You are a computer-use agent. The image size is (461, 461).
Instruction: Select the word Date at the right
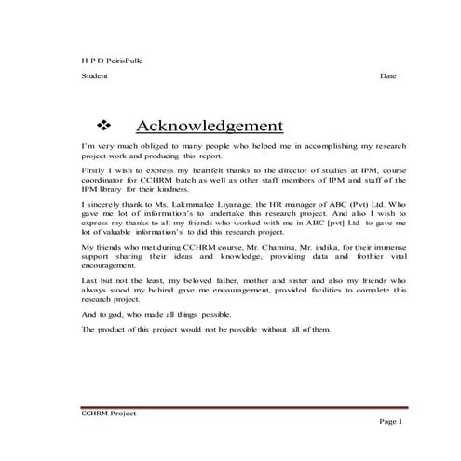point(388,75)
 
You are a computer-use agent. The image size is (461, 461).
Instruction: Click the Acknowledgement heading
point(209,126)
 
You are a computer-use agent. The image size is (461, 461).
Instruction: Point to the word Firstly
point(95,171)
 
